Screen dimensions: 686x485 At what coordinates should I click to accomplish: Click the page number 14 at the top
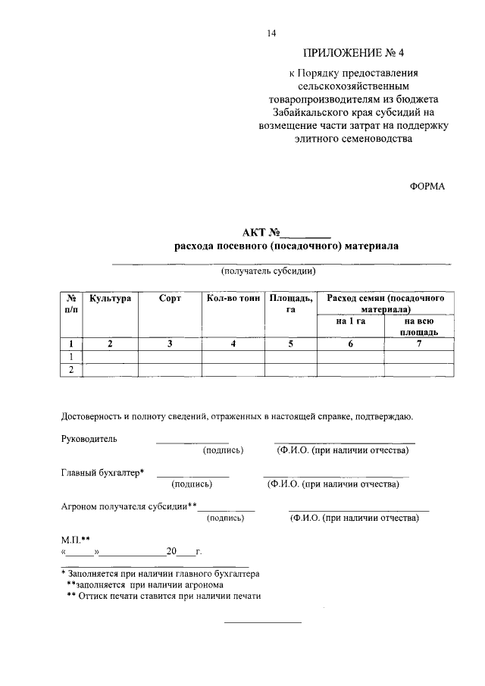271,33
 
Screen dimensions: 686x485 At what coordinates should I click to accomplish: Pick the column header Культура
111,299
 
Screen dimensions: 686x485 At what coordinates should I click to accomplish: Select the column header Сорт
170,299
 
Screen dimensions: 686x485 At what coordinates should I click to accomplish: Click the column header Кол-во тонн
233,299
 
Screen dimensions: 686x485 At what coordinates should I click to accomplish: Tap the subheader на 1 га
351,321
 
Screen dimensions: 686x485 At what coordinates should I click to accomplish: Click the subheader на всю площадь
419,327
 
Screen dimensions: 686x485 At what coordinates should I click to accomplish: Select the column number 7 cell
419,344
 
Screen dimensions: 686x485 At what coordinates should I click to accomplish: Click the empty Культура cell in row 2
111,370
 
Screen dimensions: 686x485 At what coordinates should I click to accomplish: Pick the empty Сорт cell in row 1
170,357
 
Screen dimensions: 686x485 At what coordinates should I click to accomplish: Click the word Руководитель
89,439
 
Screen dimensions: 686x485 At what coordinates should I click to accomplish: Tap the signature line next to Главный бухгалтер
192,475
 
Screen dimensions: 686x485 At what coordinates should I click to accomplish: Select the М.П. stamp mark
76,540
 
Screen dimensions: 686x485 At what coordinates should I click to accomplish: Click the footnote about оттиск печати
164,596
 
